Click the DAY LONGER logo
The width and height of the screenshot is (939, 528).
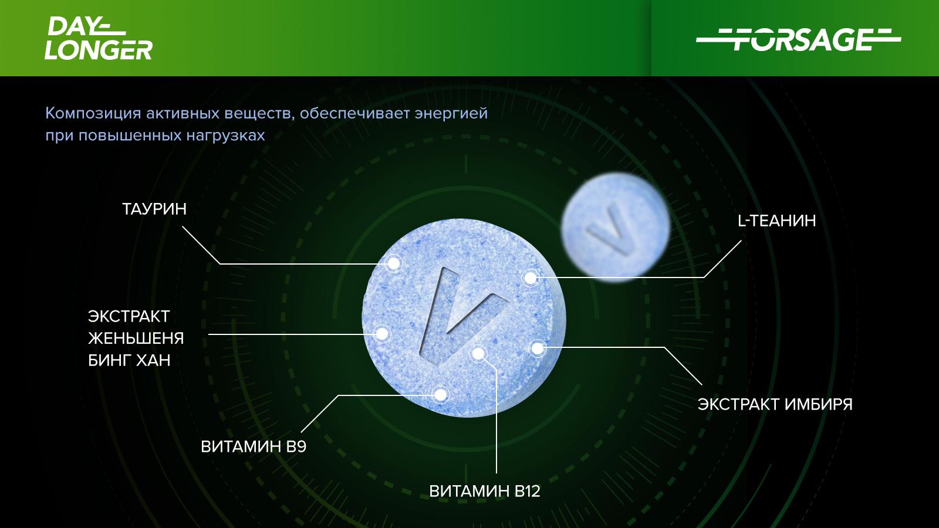tap(99, 38)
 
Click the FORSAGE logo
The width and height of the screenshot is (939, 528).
tap(799, 40)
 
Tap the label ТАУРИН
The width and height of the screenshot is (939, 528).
tap(154, 209)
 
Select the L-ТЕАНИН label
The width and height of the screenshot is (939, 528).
tap(777, 221)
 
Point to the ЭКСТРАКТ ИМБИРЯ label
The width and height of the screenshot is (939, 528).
tap(775, 404)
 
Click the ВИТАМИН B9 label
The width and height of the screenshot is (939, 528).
tap(254, 446)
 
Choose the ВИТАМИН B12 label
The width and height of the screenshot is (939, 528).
tap(485, 491)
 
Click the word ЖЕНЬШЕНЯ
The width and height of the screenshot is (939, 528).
tap(136, 338)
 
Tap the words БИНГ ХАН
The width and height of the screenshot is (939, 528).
tap(129, 360)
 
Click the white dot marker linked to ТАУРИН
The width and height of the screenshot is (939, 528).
tap(394, 263)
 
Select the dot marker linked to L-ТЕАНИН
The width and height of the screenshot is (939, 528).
tap(531, 277)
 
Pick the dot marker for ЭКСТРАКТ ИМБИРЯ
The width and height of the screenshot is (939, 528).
tap(537, 348)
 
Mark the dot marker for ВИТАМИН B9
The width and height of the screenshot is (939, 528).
tap(441, 395)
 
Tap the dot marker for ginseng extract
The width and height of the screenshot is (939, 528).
tap(382, 334)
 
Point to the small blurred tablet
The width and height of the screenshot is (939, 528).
tap(616, 226)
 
